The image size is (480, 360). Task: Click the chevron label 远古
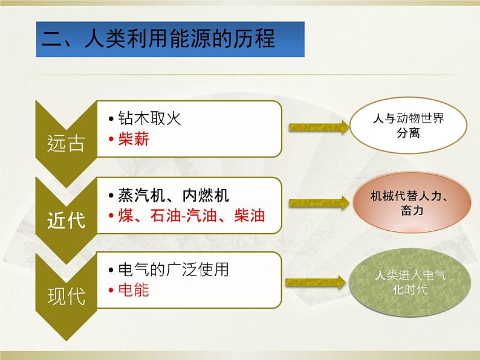[66, 143]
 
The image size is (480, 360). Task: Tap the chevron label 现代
[66, 296]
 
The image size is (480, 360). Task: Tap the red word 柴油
[248, 215]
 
